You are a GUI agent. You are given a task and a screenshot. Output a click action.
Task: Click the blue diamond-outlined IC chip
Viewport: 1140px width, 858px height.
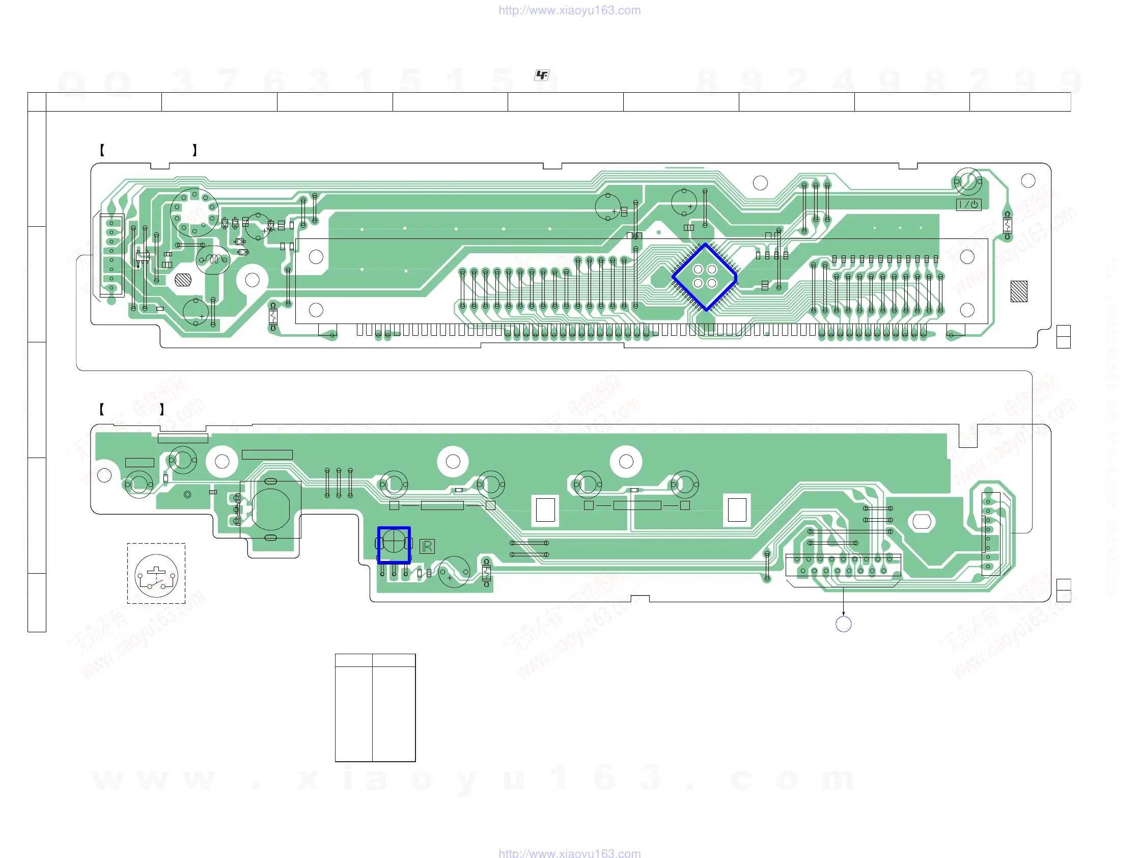click(704, 277)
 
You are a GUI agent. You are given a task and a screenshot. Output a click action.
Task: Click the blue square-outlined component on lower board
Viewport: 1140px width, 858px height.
click(394, 544)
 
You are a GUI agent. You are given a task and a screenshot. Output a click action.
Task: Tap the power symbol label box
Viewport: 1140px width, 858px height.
click(968, 205)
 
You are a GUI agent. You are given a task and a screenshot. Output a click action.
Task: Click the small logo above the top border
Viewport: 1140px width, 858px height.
click(541, 75)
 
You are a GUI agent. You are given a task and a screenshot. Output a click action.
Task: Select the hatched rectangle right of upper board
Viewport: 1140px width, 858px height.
click(1018, 291)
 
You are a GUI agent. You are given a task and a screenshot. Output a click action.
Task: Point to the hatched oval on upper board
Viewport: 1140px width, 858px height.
click(183, 280)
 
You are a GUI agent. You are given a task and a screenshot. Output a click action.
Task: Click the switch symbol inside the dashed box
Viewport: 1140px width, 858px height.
click(156, 575)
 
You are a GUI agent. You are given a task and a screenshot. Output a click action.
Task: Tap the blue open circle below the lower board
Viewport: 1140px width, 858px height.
click(843, 624)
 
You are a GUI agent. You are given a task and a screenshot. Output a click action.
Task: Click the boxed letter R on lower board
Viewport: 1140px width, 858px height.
click(427, 547)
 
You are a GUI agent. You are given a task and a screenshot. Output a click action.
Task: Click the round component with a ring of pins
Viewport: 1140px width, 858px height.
click(194, 212)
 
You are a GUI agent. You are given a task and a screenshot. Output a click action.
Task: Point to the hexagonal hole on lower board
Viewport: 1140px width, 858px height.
click(922, 521)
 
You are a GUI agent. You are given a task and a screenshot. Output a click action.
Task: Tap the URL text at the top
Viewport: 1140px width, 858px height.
click(569, 10)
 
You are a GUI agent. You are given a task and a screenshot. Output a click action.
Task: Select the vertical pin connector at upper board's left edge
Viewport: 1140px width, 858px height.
click(112, 255)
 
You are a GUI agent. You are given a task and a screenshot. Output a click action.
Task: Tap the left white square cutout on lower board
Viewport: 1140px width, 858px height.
click(545, 510)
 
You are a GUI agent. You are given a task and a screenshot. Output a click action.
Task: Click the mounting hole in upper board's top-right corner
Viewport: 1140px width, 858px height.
click(1028, 180)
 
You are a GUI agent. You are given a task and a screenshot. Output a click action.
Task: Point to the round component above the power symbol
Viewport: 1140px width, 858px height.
click(968, 181)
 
